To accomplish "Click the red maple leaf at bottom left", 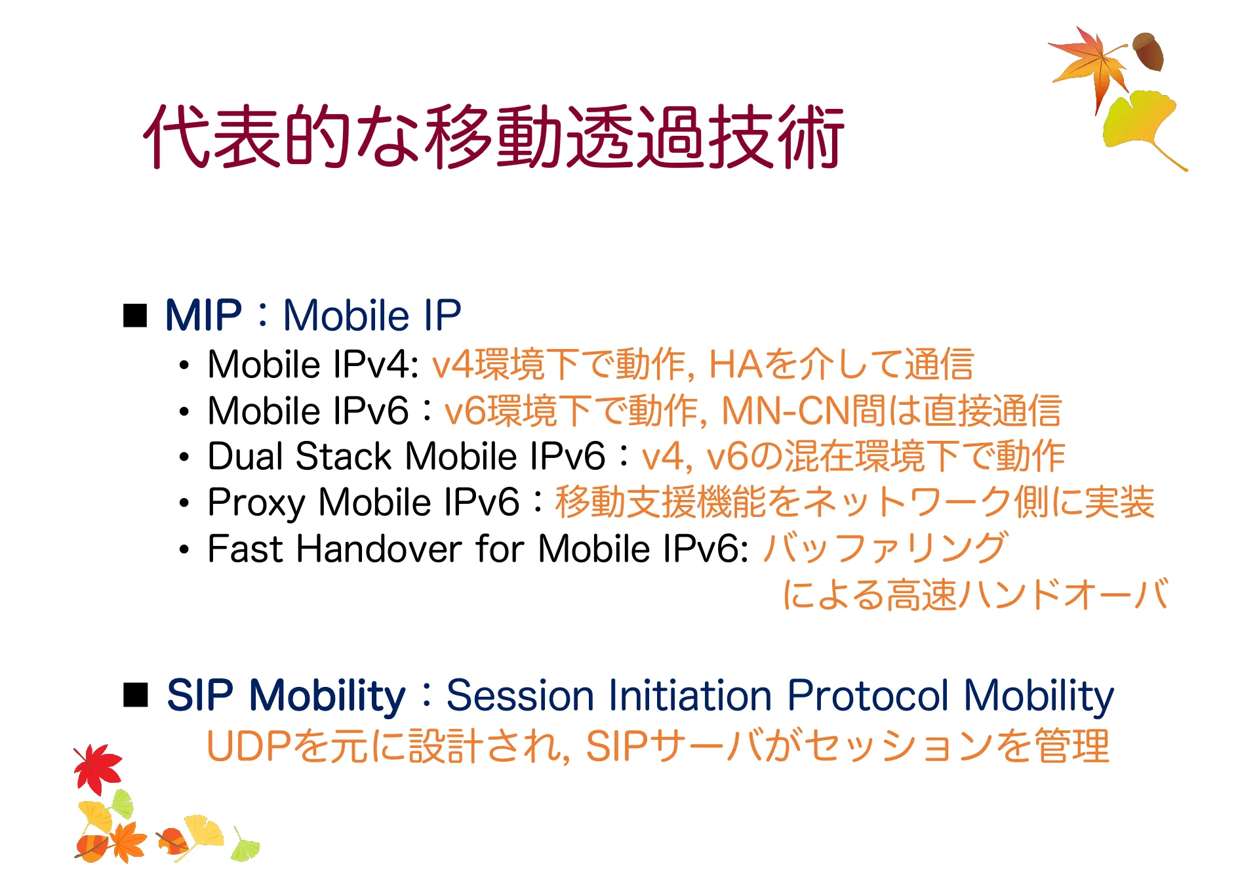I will click(98, 768).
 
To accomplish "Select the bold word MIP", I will click(203, 316).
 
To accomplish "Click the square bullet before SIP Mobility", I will click(136, 695).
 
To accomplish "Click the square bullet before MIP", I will click(136, 316).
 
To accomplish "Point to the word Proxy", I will click(256, 503).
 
